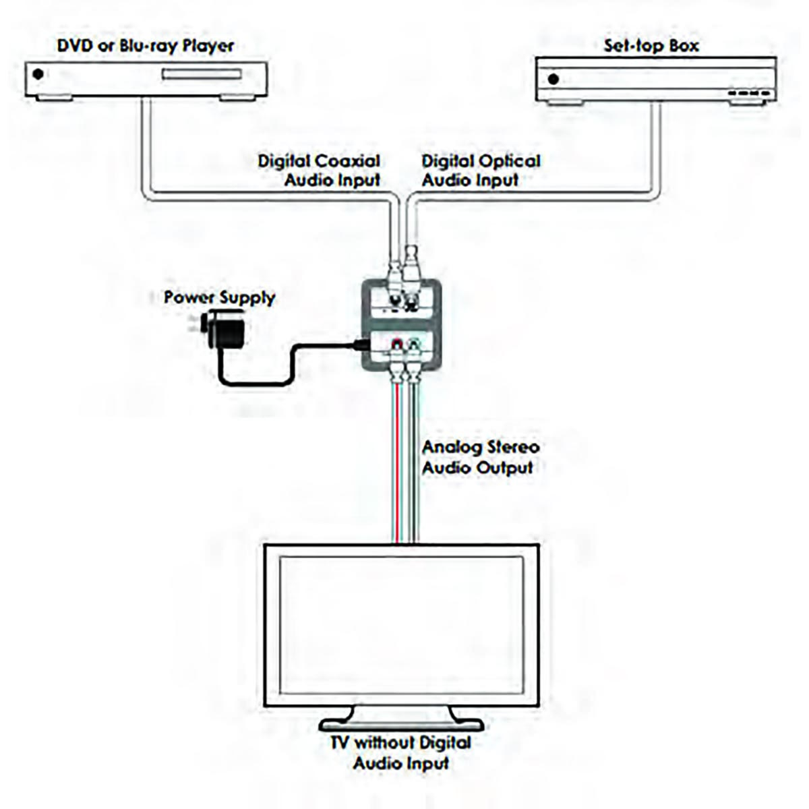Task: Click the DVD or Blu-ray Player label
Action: click(146, 46)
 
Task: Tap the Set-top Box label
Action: click(651, 46)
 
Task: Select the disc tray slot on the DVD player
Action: click(201, 74)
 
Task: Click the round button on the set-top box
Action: click(553, 79)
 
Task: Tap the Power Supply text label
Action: click(220, 297)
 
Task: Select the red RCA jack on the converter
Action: click(396, 346)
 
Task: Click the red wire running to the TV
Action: click(397, 472)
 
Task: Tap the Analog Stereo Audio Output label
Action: click(480, 457)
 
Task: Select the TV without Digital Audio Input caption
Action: click(400, 752)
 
